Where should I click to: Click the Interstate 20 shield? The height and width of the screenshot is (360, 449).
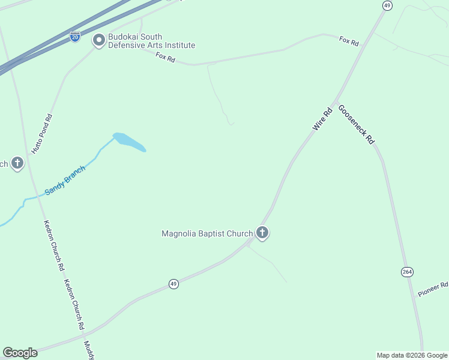pos(75,36)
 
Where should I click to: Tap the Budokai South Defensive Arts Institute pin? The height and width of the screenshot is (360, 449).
pos(98,41)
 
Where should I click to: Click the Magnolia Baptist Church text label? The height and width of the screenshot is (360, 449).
pos(207,233)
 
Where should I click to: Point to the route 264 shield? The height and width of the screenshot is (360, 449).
pos(407,272)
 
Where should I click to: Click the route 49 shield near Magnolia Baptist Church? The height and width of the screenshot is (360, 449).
pos(173,284)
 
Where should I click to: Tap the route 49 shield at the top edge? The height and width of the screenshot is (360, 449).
pos(387,5)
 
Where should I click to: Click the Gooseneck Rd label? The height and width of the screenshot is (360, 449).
pos(357,124)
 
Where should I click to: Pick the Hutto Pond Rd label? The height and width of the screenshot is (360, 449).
pos(42,134)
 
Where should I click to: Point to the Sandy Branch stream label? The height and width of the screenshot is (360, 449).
pos(65,181)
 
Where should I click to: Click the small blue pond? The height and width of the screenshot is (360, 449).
pos(128,142)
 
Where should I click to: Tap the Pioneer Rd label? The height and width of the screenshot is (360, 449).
pos(433,290)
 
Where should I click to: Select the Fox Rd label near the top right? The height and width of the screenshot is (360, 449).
pos(349,41)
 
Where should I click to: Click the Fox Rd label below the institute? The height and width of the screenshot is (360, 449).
pos(165,57)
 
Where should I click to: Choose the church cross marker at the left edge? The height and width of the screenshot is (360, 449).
pos(17,163)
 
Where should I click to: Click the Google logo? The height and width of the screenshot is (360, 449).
pos(20,353)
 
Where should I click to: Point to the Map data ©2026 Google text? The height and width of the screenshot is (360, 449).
pos(412,355)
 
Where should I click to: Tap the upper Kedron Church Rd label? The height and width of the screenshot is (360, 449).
pos(54,245)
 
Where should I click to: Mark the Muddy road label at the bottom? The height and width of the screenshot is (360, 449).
pos(88,350)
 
